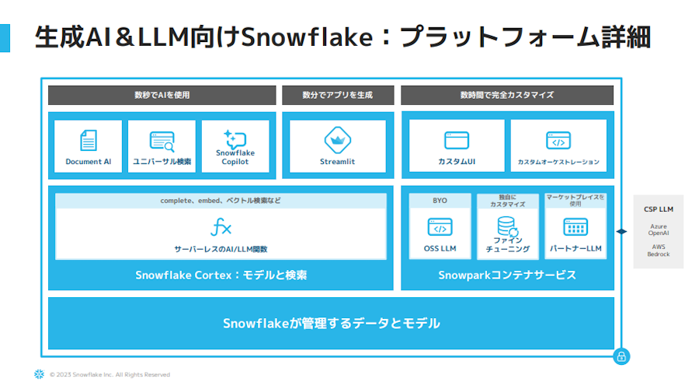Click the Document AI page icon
pos(89,140)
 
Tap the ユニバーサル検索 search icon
pos(162,141)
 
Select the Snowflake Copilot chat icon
pos(235,139)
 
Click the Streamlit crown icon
pos(338,140)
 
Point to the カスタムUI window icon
pos(457,140)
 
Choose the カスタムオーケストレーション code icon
pos(558,141)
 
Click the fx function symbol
pos(221,227)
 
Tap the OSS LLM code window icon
pos(440,227)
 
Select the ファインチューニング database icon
pos(507,226)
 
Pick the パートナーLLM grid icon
pos(576,227)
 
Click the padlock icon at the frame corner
pos(621,356)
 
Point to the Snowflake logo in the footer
pos(40,374)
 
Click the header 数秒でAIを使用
pos(162,95)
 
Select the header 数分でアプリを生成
pos(338,95)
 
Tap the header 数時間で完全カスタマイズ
pos(507,95)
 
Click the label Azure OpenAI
pos(659,230)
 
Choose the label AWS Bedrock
pos(659,251)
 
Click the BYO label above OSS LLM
pos(440,201)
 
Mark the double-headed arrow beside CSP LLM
pos(621,231)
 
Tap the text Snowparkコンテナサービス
pos(507,275)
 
